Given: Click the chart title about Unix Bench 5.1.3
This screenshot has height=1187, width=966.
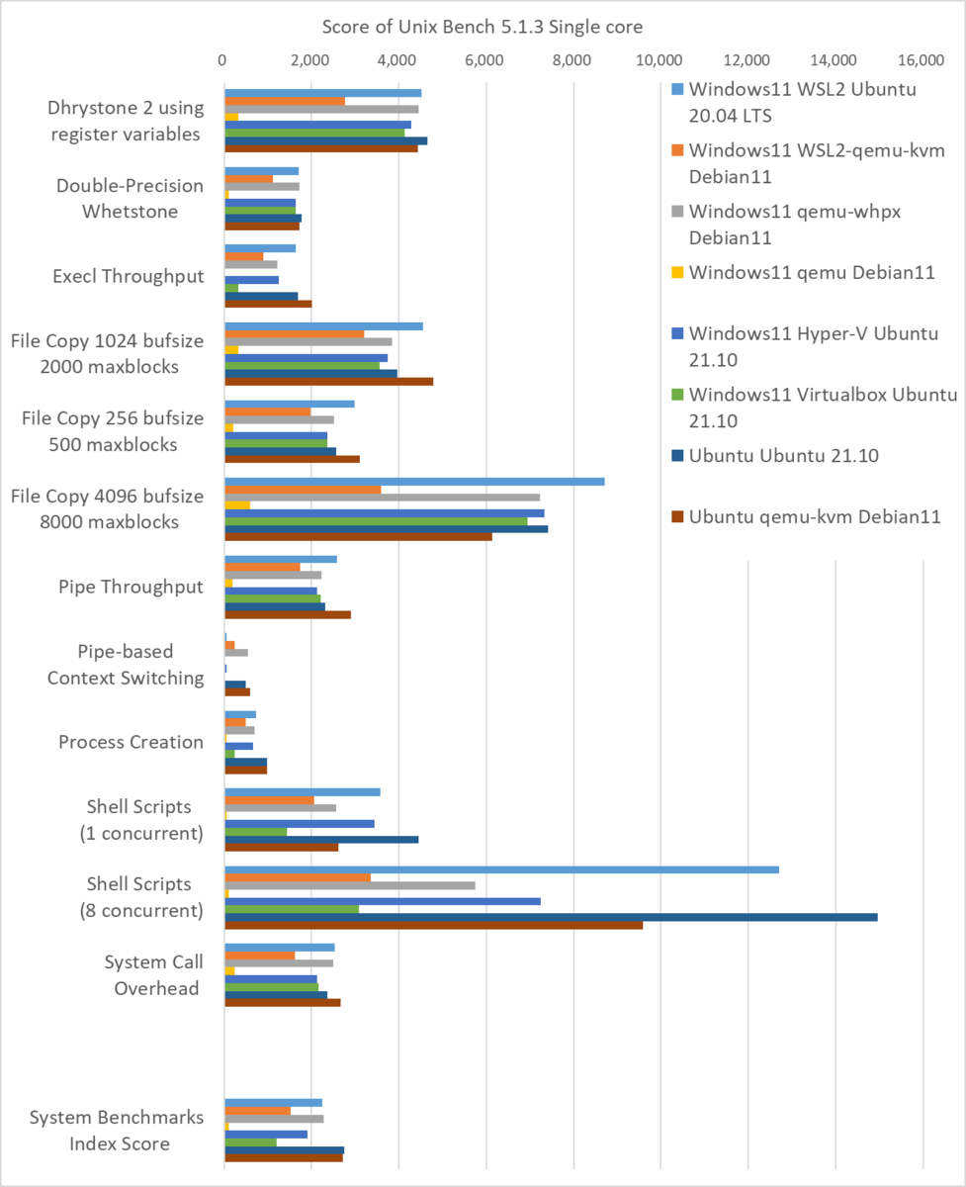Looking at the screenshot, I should point(482,26).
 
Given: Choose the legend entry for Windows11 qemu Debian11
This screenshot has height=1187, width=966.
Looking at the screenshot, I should point(811,272).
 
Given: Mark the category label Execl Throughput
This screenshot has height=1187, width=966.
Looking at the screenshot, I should point(128,276).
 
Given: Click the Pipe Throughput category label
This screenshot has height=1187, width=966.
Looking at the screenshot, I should point(131,587).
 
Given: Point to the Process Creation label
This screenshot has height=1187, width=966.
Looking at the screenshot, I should point(131,742).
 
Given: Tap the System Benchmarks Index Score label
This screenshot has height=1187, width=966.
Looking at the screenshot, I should point(116,1131).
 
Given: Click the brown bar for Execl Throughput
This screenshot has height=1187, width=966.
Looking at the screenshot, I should point(268,304).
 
